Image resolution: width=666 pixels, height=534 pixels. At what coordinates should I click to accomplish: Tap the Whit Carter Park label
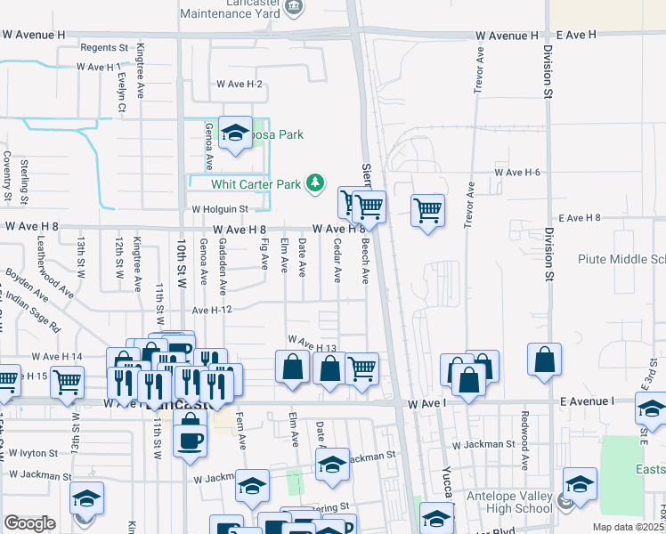(x=256, y=184)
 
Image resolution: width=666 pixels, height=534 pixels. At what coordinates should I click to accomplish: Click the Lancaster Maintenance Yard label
(x=237, y=9)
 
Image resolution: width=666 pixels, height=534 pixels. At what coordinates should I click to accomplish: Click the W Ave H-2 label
(x=240, y=85)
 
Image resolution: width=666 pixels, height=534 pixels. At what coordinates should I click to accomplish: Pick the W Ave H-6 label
(x=517, y=172)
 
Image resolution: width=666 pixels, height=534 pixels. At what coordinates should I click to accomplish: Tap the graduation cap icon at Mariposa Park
(x=235, y=133)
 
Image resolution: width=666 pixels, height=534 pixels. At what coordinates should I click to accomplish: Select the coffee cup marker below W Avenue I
(x=190, y=441)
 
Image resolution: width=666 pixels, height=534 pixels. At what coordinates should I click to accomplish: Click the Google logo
(x=29, y=523)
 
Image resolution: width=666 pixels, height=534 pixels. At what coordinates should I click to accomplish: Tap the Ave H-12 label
(x=212, y=310)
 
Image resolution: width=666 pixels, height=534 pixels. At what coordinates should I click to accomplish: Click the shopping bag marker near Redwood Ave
(x=544, y=360)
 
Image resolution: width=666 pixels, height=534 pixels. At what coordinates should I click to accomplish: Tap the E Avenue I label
(x=587, y=402)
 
